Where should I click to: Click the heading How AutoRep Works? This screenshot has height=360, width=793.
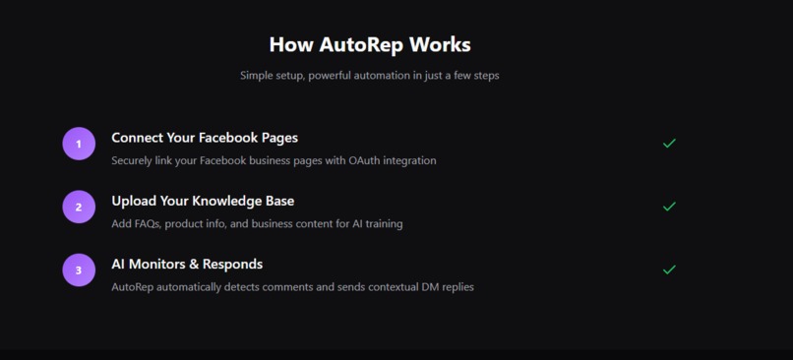coord(370,45)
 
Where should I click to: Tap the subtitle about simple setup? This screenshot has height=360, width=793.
coord(370,76)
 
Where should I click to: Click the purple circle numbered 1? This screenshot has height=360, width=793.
coord(79,144)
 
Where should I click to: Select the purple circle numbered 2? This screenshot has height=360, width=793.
coord(79,207)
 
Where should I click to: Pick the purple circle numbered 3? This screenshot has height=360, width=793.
coord(79,270)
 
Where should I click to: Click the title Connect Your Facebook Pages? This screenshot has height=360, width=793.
coord(205,138)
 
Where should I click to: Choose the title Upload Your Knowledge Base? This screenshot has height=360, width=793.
coord(203,201)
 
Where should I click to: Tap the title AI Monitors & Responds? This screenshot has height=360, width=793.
coord(187,264)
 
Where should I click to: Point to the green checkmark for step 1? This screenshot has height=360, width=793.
coord(669,144)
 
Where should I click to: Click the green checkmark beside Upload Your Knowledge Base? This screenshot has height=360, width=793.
coord(669,207)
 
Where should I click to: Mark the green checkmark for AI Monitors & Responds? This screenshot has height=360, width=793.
coord(669,270)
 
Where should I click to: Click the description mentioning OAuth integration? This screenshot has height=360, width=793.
coord(274,160)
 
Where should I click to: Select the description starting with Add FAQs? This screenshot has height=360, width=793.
coord(257,223)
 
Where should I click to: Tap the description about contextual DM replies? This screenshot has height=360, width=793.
coord(292,287)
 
